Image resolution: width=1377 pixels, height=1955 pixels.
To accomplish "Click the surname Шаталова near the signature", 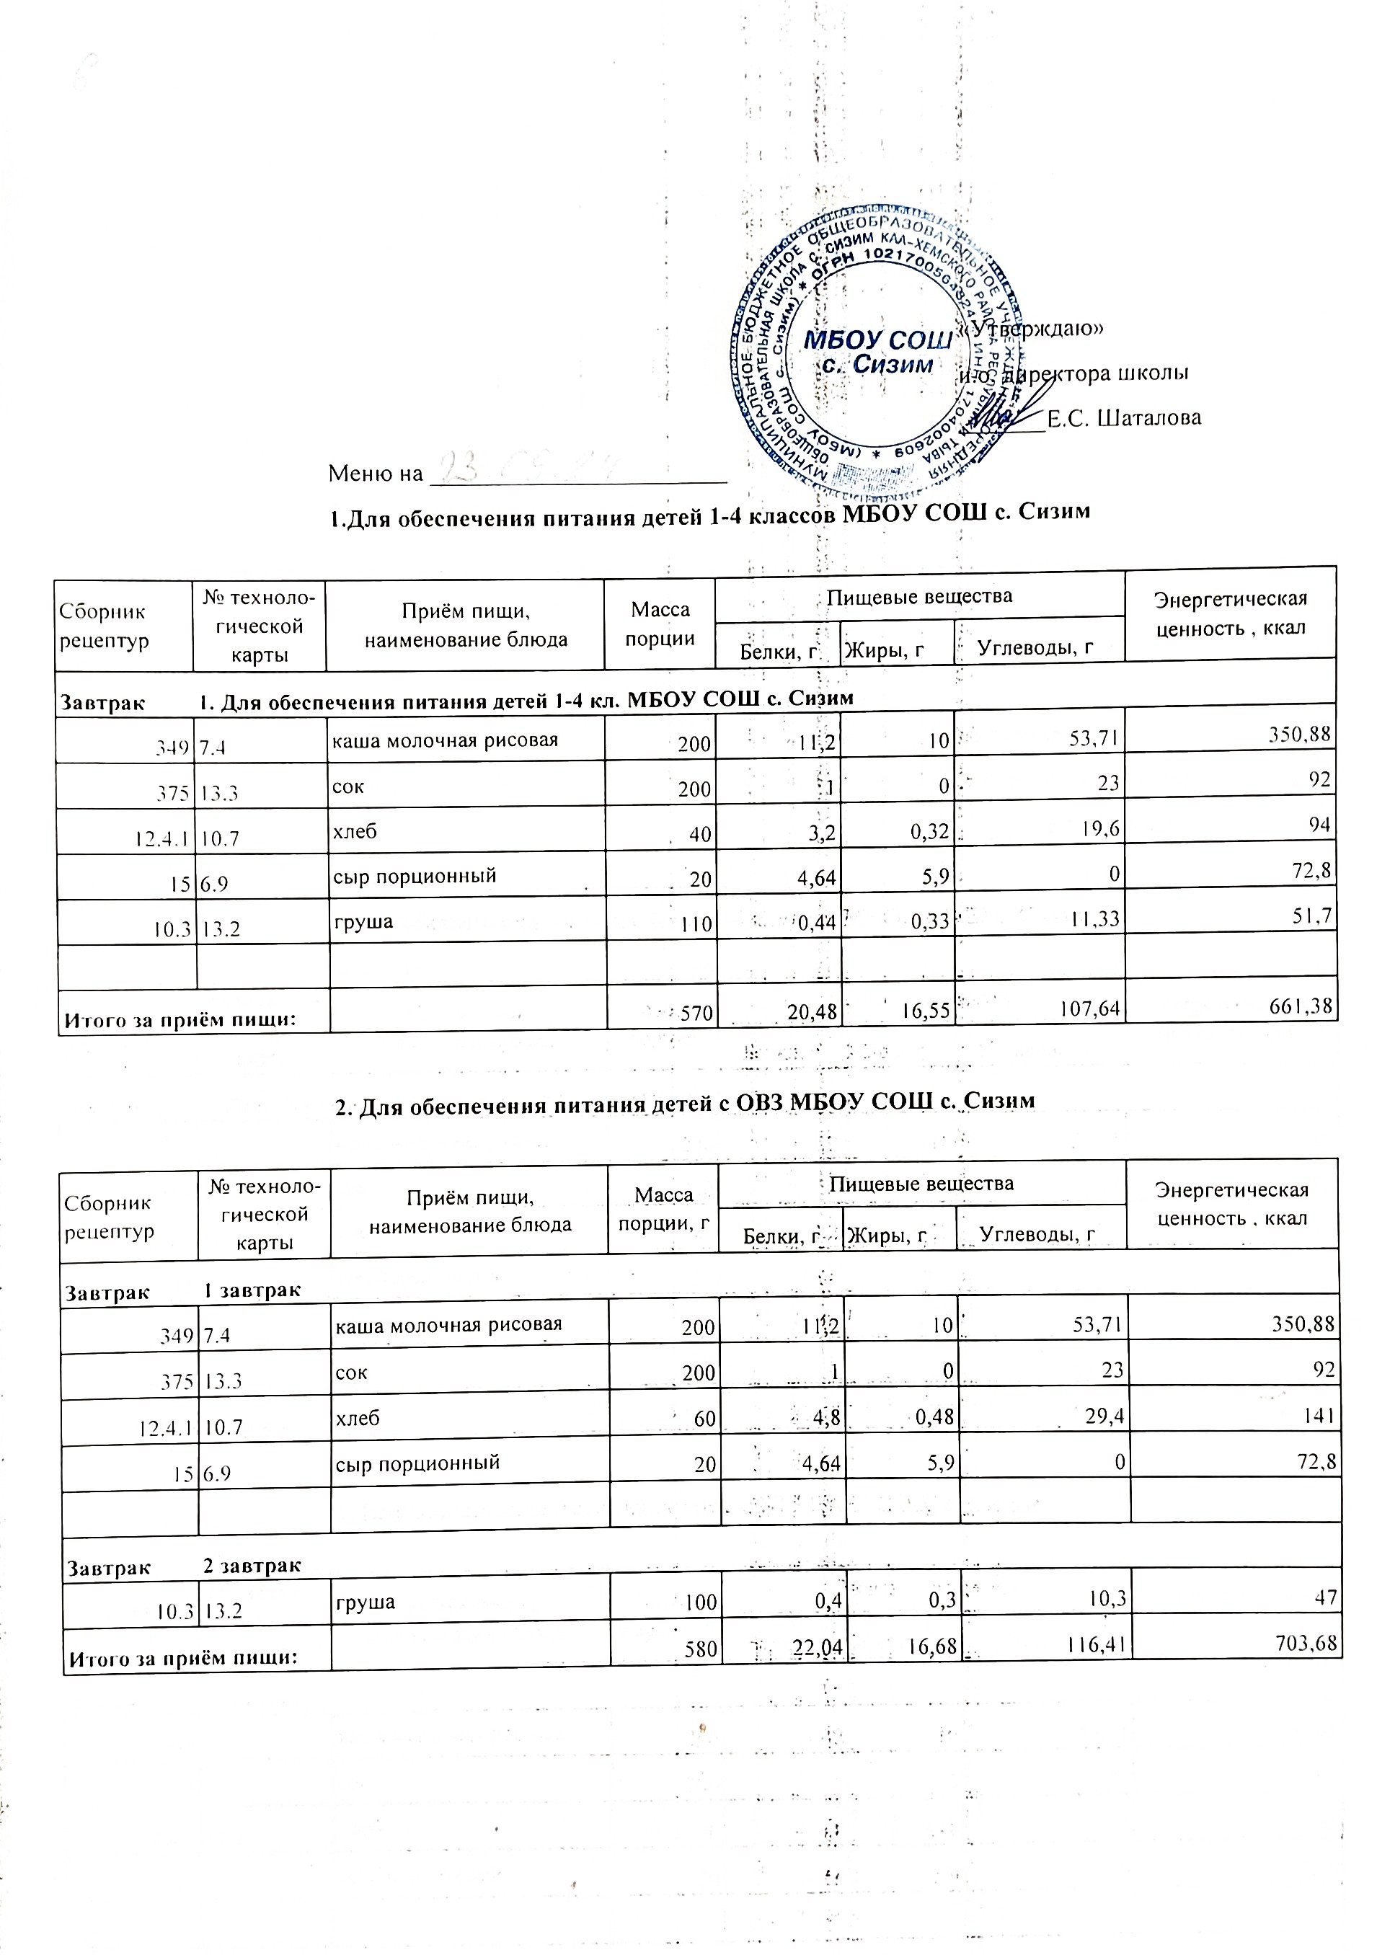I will pos(1123,418).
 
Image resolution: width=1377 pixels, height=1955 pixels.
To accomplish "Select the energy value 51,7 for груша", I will pos(1316,916).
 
